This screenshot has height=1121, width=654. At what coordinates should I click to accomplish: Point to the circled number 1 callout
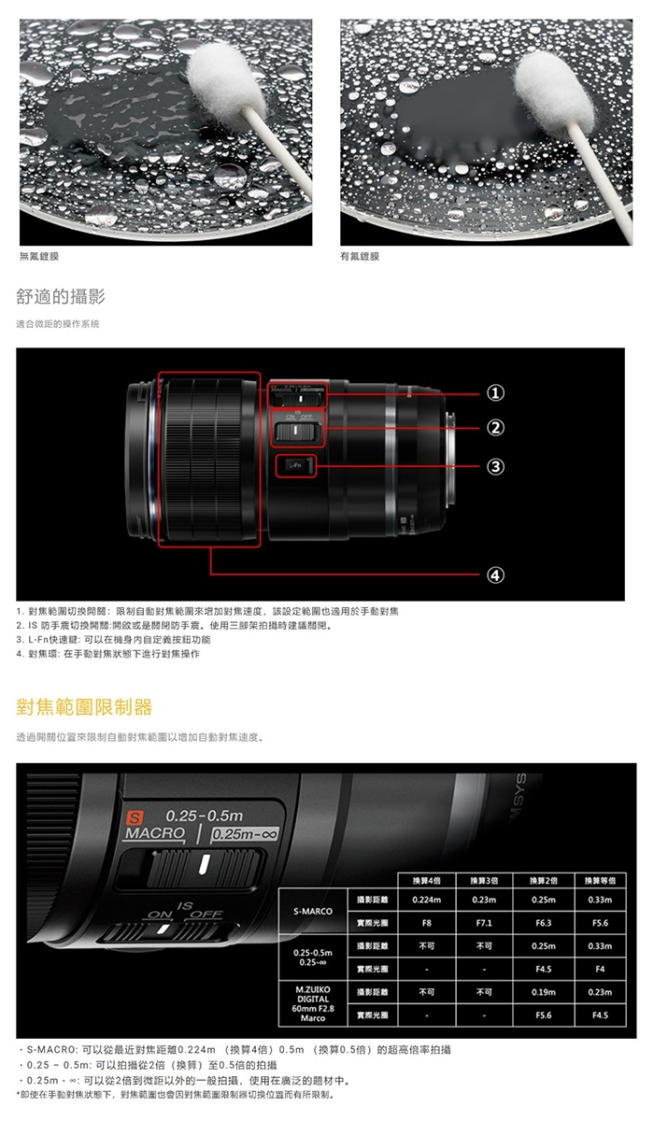point(497,392)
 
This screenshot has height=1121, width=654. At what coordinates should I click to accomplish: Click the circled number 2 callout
point(497,427)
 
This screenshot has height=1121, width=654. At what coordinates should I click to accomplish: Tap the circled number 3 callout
point(497,464)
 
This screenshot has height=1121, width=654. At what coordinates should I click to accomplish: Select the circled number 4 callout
point(497,574)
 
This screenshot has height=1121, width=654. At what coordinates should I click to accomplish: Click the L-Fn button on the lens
point(295,464)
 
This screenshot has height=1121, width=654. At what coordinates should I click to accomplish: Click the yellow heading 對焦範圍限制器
point(84,705)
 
